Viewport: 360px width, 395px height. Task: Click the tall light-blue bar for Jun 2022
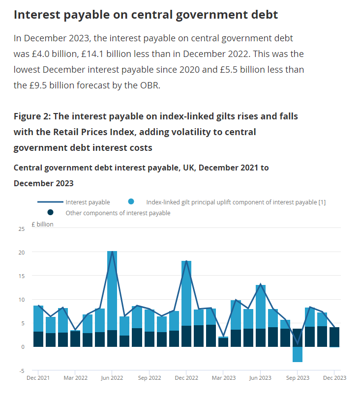[x=112, y=290]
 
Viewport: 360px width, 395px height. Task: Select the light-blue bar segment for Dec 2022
[x=186, y=293]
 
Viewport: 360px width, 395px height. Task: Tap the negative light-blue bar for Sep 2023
[x=298, y=354]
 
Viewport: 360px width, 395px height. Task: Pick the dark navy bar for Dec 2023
[x=334, y=337]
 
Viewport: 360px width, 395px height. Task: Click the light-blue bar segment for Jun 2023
[x=261, y=307]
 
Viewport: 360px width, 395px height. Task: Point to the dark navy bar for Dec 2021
[x=38, y=339]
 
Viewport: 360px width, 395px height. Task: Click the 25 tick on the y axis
[x=22, y=229]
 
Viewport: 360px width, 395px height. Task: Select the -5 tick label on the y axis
[x=22, y=371]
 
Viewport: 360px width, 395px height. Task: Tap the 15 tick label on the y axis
[x=22, y=276]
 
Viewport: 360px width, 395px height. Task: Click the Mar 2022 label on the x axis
[x=75, y=378]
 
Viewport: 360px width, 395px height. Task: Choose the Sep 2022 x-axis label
[x=150, y=378]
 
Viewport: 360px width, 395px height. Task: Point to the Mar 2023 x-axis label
[x=224, y=378]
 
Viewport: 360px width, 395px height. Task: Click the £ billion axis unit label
[x=42, y=224]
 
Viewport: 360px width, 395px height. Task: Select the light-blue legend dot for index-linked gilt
[x=131, y=201]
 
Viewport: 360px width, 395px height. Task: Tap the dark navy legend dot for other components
[x=51, y=212]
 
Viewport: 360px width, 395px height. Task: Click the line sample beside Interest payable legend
[x=51, y=202]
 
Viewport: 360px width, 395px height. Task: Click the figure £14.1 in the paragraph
[x=92, y=54]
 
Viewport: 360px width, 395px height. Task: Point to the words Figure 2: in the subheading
[x=32, y=116]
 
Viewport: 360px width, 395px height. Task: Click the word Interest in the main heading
[x=37, y=15]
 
